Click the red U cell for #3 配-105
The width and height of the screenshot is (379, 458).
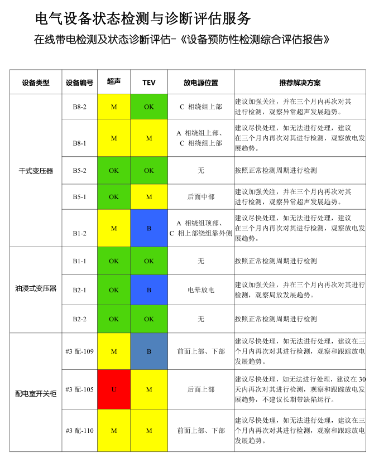click(114, 389)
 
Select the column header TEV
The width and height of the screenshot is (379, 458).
click(149, 83)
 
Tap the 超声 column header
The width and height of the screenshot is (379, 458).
click(114, 82)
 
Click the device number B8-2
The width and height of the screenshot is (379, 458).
click(79, 107)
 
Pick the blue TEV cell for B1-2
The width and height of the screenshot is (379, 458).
click(149, 228)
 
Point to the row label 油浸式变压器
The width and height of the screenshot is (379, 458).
click(36, 289)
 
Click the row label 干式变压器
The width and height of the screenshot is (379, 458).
click(36, 171)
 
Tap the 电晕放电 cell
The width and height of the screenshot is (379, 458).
click(201, 290)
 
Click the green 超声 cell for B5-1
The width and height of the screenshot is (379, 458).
click(114, 197)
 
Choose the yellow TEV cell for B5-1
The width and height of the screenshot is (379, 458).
click(149, 197)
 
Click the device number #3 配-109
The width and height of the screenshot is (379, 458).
click(79, 351)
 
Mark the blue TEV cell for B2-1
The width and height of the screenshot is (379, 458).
click(149, 290)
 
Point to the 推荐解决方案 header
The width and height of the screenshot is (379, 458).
click(300, 83)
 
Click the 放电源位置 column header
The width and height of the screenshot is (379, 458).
click(201, 83)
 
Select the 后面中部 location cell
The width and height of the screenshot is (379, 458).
click(201, 197)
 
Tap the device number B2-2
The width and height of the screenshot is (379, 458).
click(79, 319)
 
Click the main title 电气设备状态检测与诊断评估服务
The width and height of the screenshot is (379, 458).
click(143, 19)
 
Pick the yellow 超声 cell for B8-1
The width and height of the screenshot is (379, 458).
click(114, 138)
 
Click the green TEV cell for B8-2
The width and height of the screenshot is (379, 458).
click(149, 107)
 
